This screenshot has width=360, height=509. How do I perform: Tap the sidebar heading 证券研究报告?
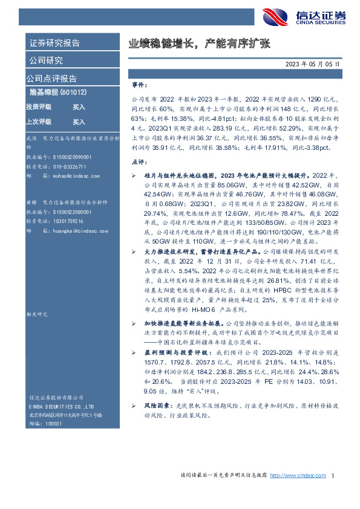[54, 43]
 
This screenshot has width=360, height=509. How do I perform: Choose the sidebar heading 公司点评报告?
[51, 78]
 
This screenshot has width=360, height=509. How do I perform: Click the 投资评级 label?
[38, 106]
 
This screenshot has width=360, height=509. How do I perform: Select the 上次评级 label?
[38, 122]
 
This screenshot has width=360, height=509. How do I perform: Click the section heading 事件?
[139, 85]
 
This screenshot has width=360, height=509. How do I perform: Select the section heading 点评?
[139, 163]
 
